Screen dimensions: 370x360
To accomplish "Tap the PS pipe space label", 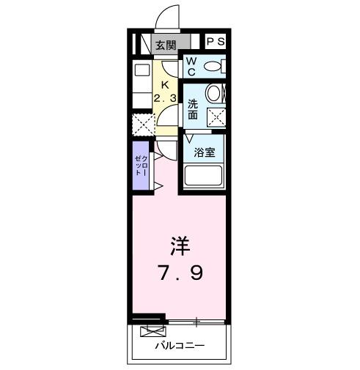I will point(216,42).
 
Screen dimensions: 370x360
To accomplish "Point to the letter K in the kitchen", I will point(165,84).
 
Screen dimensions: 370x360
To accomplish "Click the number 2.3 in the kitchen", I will point(165,98).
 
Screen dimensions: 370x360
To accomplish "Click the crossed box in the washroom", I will point(216,116).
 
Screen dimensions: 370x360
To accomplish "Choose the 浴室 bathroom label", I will point(204,152).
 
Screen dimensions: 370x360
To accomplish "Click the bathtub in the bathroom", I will point(205,177).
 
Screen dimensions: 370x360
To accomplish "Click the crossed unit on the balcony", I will point(151,331).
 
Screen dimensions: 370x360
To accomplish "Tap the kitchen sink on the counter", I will point(141,71).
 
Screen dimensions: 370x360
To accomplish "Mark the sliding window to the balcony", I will point(196,321).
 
